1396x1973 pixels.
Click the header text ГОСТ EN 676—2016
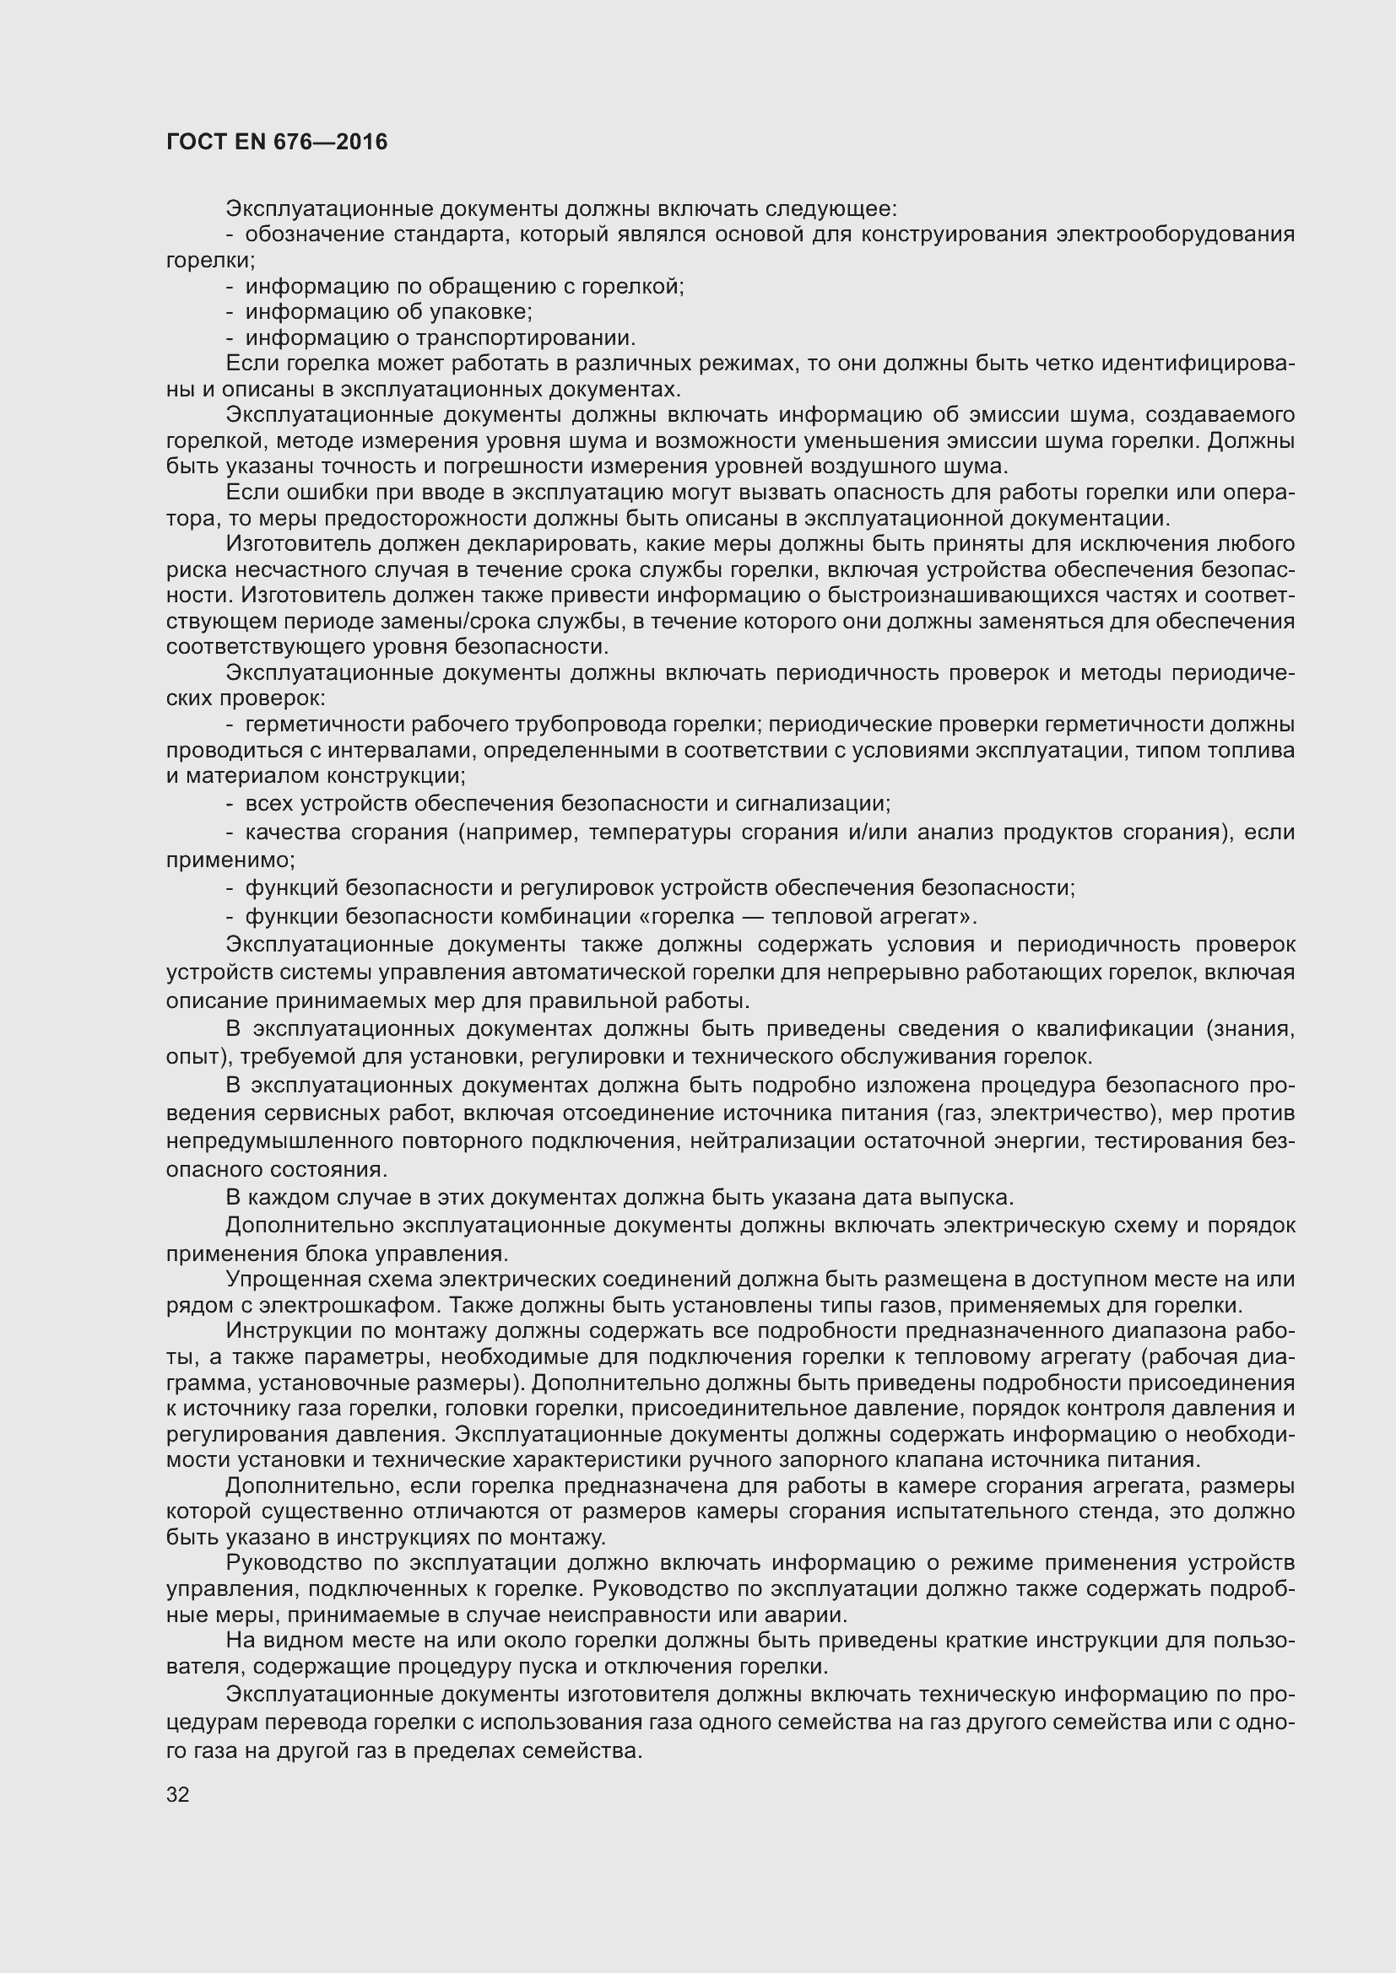point(277,142)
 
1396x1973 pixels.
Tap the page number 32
point(178,1794)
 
